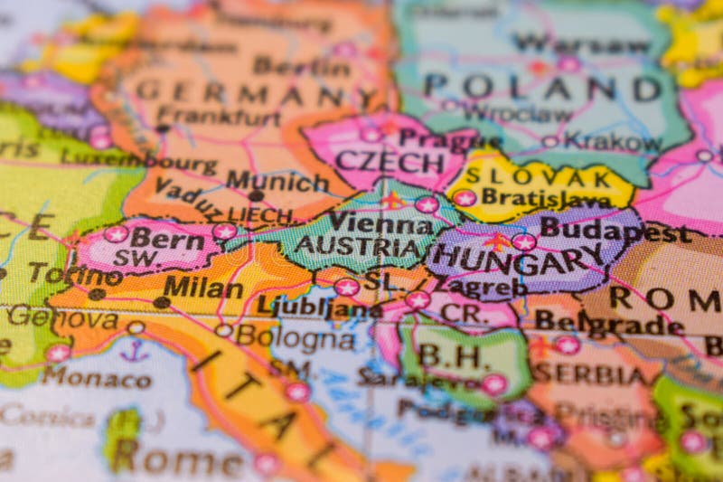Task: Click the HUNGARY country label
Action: (522, 261)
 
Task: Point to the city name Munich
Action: (277, 180)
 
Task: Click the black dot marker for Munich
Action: (257, 195)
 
